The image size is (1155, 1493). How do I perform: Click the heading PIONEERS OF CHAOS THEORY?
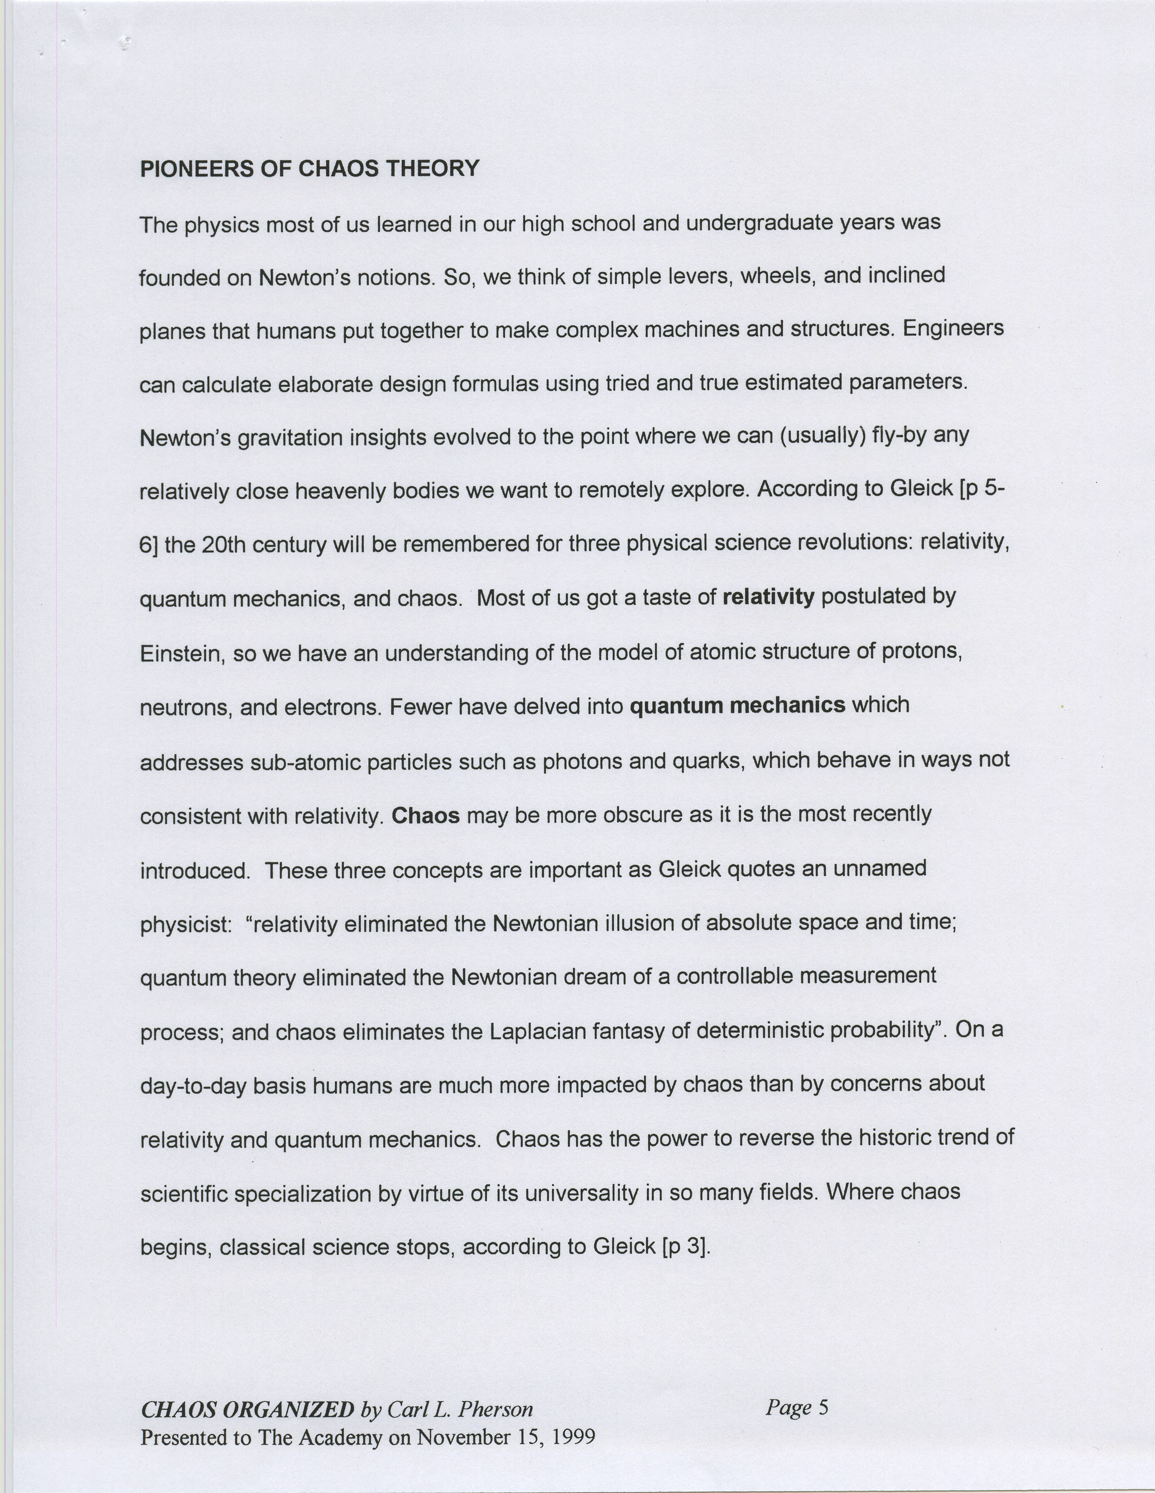click(x=310, y=169)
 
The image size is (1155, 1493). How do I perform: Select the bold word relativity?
click(x=768, y=597)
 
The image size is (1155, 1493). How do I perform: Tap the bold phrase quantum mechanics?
click(x=737, y=705)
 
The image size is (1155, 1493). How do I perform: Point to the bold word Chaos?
click(x=425, y=815)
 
